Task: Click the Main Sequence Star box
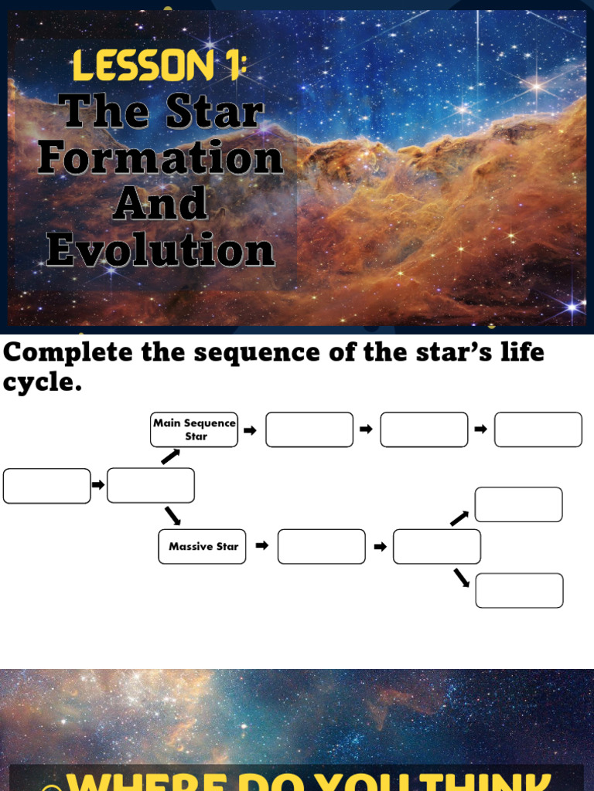[x=194, y=429]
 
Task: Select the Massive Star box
[x=202, y=546]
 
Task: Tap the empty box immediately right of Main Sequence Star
[x=309, y=429]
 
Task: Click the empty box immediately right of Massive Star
[x=321, y=546]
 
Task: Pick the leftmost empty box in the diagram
[x=47, y=486]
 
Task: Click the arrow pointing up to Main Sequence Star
[x=170, y=457]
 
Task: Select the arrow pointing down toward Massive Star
[x=172, y=515]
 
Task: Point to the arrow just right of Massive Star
[x=262, y=545]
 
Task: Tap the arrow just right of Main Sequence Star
[x=250, y=430]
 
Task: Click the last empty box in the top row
[x=538, y=429]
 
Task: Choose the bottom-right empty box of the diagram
[x=519, y=590]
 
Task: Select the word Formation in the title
[x=161, y=158]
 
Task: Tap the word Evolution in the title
[x=161, y=250]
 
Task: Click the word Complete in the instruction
[x=69, y=352]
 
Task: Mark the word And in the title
[x=161, y=204]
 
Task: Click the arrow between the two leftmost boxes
[x=98, y=485]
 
